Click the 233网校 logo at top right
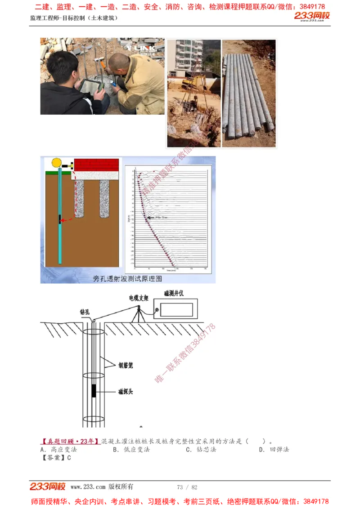[312, 17]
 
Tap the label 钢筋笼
[126, 365]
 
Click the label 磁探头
[126, 391]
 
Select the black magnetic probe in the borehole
[94, 390]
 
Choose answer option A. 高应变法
[58, 449]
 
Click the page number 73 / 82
[187, 487]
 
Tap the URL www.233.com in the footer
[88, 487]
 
